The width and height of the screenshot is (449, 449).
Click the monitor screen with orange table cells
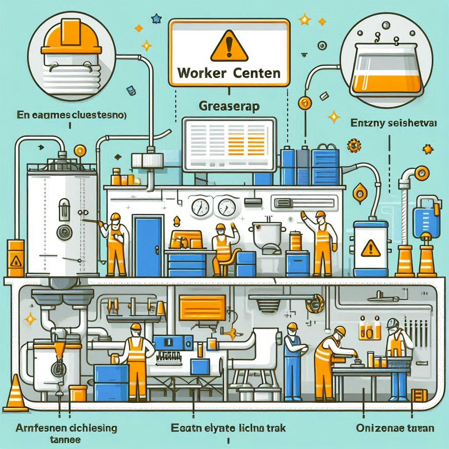[x=229, y=145]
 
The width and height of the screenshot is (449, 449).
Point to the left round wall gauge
[x=199, y=206]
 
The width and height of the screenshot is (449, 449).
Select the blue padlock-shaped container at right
[x=428, y=215]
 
